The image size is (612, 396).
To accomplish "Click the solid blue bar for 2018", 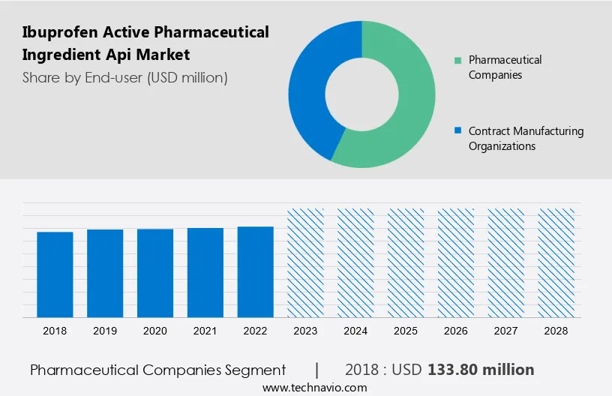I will [x=55, y=274].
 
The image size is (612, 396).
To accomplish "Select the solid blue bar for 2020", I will [x=155, y=272].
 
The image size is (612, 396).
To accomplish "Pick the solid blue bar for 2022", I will [x=256, y=271].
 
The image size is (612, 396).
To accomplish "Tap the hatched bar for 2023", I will [x=305, y=262].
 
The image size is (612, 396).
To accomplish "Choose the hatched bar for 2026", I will [x=456, y=262].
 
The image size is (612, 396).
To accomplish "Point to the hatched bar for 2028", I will [x=556, y=262].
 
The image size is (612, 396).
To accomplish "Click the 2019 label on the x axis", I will [x=105, y=331].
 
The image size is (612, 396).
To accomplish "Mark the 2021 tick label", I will [x=205, y=331].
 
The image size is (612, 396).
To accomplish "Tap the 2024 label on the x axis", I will [x=355, y=331].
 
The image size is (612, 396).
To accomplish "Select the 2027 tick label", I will [x=506, y=331].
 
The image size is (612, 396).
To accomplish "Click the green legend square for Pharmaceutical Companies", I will [x=457, y=60].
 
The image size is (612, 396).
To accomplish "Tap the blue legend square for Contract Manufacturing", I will [x=457, y=131].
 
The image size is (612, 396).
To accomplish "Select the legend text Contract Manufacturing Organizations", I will [x=526, y=139].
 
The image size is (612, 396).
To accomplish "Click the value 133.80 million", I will [x=481, y=370].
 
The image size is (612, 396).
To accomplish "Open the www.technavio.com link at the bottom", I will [x=314, y=388].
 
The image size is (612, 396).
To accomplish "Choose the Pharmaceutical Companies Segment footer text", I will [x=158, y=370].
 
